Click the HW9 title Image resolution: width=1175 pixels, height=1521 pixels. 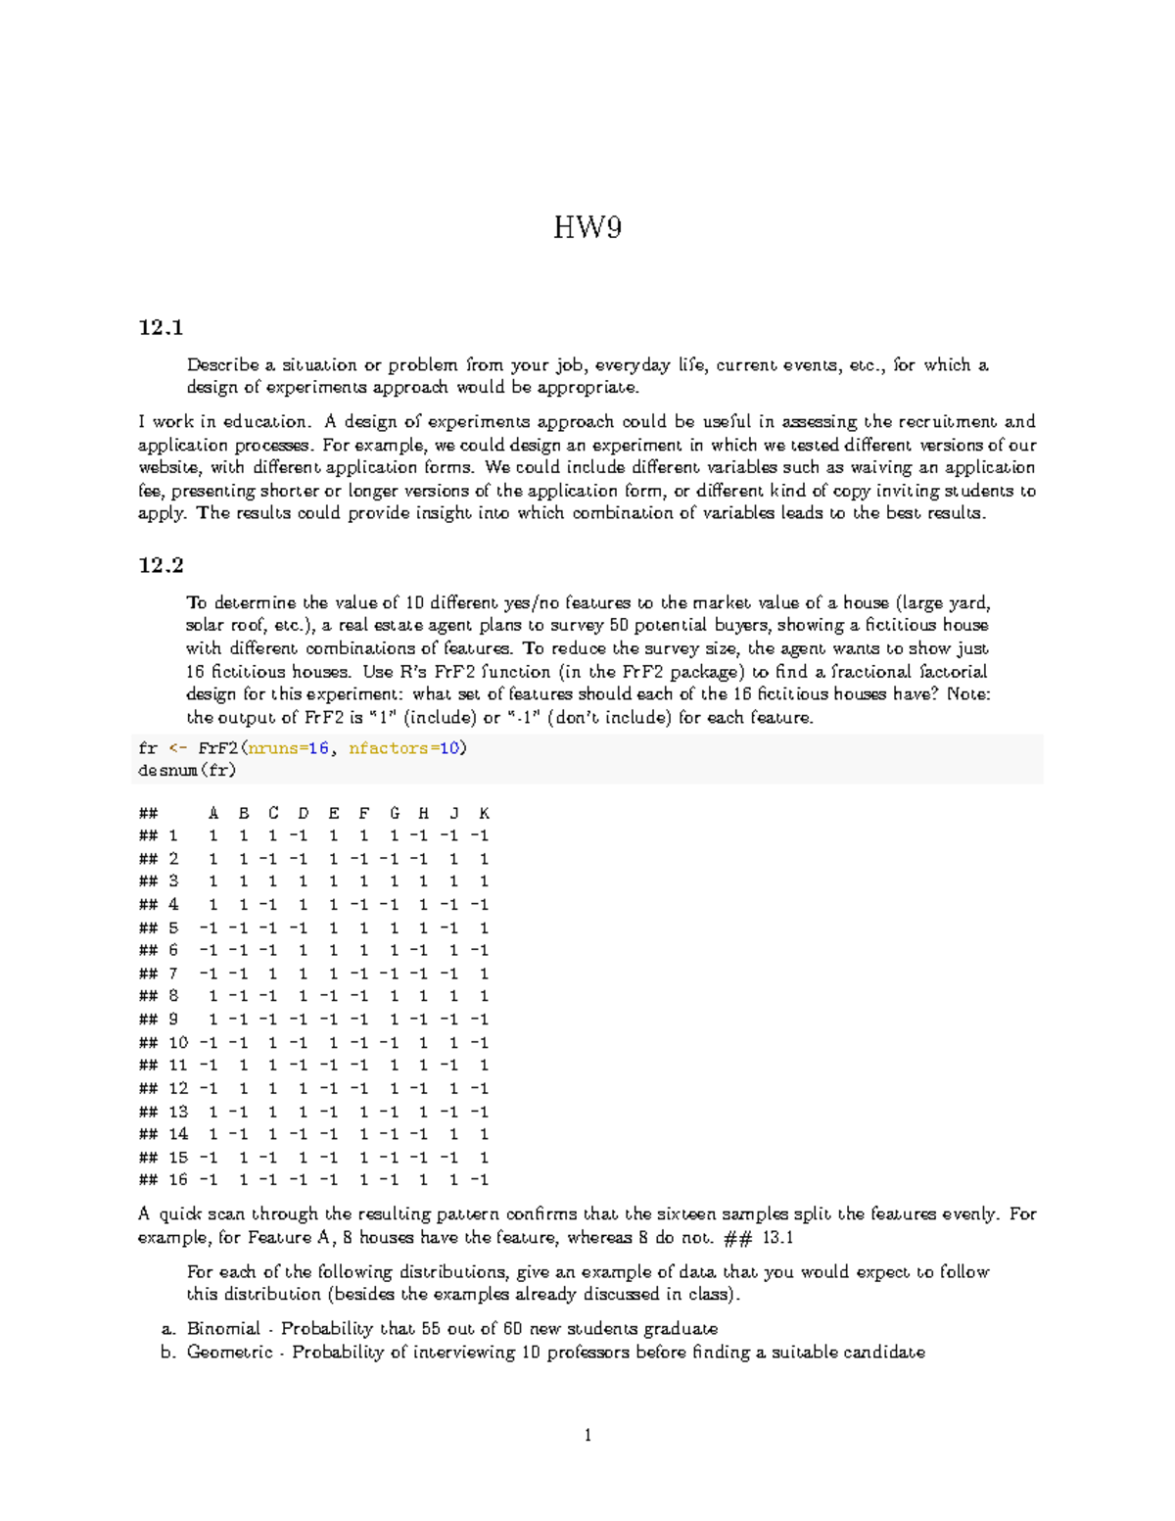point(587,228)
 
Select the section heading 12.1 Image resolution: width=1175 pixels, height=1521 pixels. point(161,327)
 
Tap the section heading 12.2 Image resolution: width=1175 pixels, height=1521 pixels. point(161,565)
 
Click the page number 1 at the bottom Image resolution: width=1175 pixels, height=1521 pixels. point(587,1436)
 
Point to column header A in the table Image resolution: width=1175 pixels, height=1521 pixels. point(213,813)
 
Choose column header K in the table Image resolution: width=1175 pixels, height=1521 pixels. point(484,813)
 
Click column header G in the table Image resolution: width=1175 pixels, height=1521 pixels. point(394,813)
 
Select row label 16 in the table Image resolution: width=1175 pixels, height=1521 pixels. point(178,1180)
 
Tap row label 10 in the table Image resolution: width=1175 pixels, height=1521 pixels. point(178,1043)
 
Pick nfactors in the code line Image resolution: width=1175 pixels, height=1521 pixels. point(389,748)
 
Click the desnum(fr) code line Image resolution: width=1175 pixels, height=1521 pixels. point(187,771)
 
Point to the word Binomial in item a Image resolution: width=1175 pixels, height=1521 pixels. point(223,1329)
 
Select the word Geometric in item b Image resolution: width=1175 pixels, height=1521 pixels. point(229,1353)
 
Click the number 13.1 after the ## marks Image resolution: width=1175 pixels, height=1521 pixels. point(777,1238)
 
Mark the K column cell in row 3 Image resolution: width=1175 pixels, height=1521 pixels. point(484,881)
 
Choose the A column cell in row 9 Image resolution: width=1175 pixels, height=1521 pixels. point(213,1020)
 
